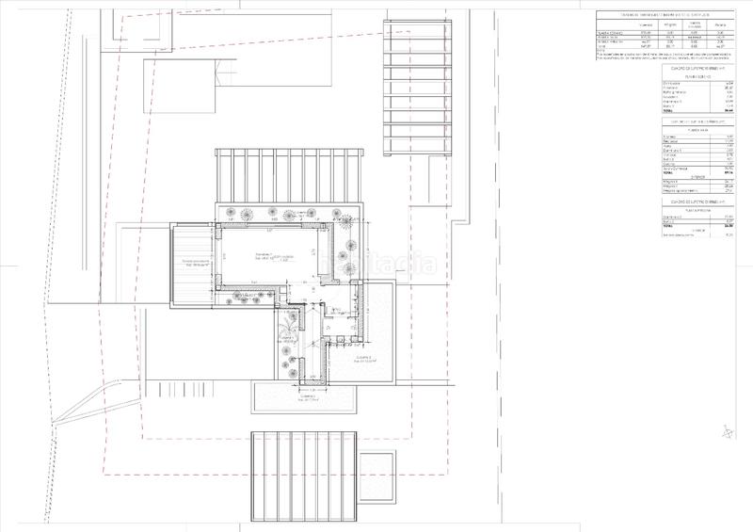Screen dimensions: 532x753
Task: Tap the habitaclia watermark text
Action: tap(376, 265)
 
